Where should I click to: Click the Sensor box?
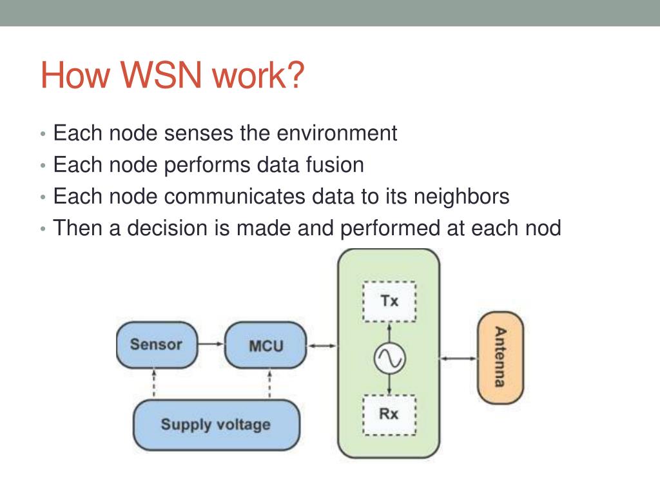(x=157, y=345)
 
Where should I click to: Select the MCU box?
(x=266, y=345)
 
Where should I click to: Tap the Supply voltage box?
(x=217, y=425)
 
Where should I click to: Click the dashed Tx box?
(x=389, y=302)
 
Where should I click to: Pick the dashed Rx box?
(x=389, y=414)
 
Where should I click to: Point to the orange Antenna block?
(x=500, y=357)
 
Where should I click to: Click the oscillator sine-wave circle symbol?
(x=389, y=358)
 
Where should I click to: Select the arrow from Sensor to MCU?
(x=211, y=344)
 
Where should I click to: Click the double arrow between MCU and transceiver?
(x=322, y=346)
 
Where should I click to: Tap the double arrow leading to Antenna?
(x=458, y=358)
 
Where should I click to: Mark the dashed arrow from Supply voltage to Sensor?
(x=154, y=383)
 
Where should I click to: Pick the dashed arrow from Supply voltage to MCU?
(x=269, y=383)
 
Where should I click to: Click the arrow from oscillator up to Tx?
(x=389, y=333)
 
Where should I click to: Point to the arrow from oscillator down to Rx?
(x=389, y=384)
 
